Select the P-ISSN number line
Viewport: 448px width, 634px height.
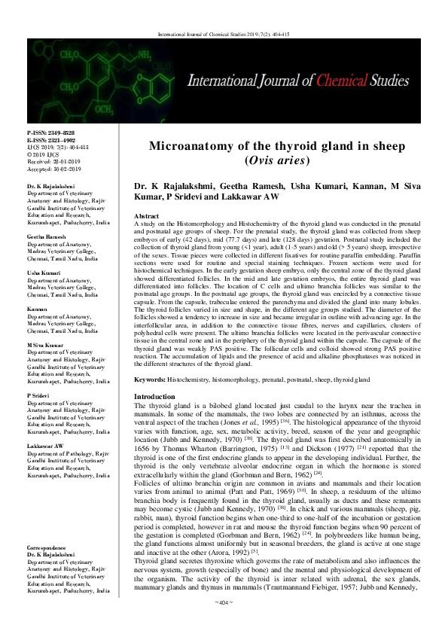[51, 133]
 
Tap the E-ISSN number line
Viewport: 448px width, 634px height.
[51, 139]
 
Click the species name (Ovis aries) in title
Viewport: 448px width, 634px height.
[278, 160]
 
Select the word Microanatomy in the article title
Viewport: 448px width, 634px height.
[197, 146]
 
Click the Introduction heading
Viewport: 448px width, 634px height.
[154, 396]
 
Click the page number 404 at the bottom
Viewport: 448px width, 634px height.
[224, 624]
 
